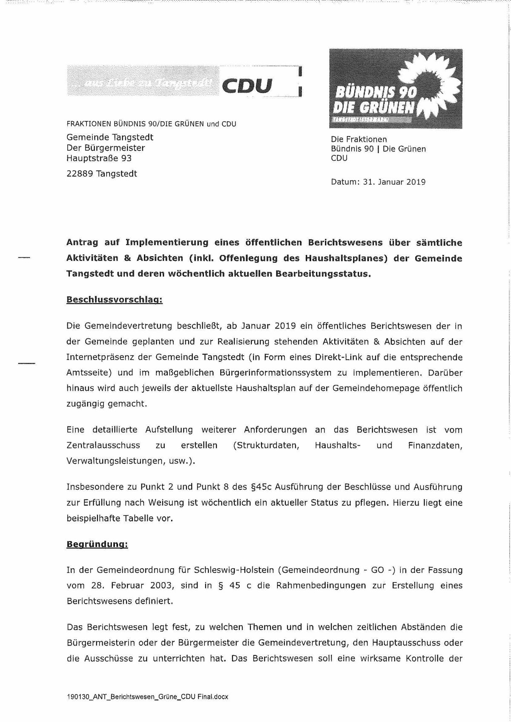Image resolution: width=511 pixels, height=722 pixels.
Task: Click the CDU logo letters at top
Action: coord(247,86)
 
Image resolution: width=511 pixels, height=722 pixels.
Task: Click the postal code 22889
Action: coord(80,174)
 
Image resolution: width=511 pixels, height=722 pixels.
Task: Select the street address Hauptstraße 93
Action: coord(99,158)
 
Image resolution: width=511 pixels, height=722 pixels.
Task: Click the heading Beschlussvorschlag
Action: coord(115,300)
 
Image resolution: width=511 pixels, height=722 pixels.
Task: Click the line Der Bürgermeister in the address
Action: coord(106,148)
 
